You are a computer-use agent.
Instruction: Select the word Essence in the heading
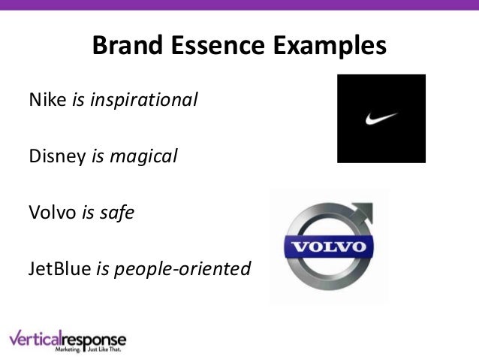point(217,47)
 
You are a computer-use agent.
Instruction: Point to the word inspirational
point(144,100)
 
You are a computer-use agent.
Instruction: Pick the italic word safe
point(119,213)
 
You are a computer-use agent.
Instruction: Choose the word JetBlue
point(60,268)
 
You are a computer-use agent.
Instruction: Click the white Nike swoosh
point(381,118)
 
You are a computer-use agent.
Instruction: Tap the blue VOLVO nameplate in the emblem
point(328,247)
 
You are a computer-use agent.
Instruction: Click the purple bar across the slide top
point(239,4)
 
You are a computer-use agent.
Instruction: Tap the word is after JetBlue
point(101,268)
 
